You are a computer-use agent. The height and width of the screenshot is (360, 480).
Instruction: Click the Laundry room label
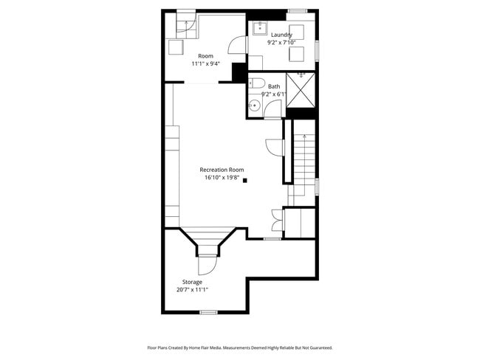coord(281,35)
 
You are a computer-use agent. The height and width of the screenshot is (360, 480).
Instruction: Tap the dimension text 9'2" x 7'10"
coord(281,43)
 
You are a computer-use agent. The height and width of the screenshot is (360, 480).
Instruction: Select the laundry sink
coord(259,28)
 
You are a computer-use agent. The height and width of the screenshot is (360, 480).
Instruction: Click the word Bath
coord(274,86)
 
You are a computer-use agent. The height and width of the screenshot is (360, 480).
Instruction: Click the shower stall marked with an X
coord(301,90)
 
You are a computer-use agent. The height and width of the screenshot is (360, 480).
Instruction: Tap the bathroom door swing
coord(272,110)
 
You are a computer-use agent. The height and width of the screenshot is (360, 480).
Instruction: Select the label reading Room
coord(205,56)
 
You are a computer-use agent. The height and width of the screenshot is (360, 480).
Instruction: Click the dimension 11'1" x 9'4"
coord(205,64)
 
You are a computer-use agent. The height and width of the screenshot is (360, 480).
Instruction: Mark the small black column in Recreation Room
coord(246,179)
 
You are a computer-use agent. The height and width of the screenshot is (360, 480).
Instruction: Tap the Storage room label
coord(192,282)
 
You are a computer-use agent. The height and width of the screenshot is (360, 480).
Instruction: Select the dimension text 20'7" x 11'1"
coord(192,290)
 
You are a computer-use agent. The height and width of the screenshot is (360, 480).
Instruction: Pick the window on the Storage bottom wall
coord(209,313)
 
